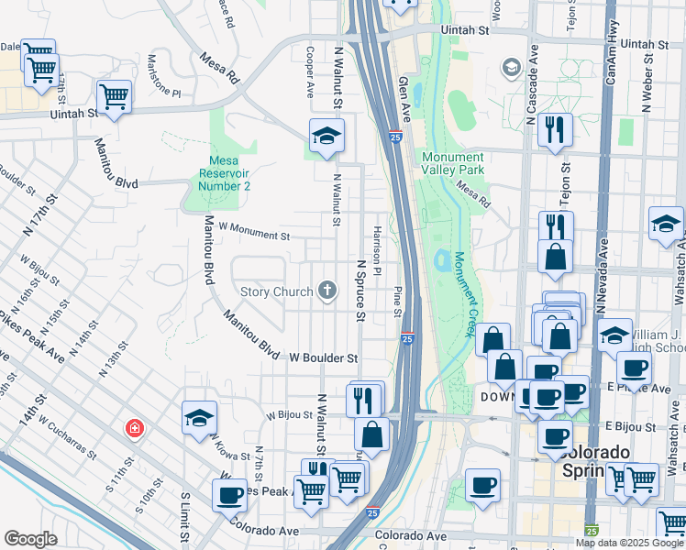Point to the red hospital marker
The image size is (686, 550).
pyautogui.click(x=135, y=429)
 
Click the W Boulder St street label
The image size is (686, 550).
pyautogui.click(x=324, y=357)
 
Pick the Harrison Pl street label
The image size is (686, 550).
pyautogui.click(x=377, y=246)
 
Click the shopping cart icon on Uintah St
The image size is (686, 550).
pyautogui.click(x=114, y=95)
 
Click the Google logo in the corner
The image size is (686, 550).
pyautogui.click(x=30, y=539)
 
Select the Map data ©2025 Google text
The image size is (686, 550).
pyautogui.click(x=629, y=542)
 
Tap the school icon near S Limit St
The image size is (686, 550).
pyautogui.click(x=199, y=418)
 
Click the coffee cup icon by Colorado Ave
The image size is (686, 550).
pyautogui.click(x=229, y=495)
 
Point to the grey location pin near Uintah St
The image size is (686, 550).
pyautogui.click(x=511, y=68)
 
